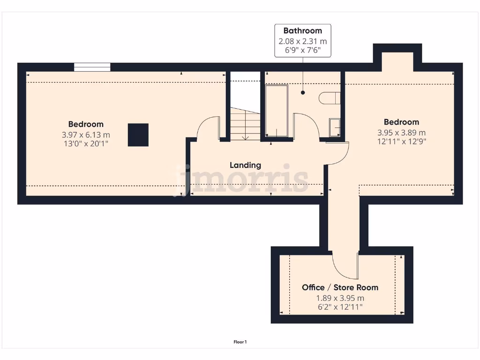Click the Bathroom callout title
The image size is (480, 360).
(302, 31)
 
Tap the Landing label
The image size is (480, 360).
(245, 165)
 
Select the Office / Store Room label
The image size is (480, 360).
(340, 287)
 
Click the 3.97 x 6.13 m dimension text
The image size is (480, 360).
(86, 135)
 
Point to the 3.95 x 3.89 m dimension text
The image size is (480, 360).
(402, 132)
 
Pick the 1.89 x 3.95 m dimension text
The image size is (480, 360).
(340, 298)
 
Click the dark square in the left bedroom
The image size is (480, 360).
(138, 135)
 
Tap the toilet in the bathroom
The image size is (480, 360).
(330, 98)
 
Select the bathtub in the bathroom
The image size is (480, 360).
(276, 111)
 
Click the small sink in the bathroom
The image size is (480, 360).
(335, 127)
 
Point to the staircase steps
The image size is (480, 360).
(245, 124)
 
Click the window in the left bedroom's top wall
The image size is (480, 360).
(92, 67)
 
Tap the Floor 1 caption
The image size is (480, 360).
(240, 342)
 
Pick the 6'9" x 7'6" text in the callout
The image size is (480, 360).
(302, 50)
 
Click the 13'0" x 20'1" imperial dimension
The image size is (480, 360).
(86, 144)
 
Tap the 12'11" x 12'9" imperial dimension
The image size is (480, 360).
(402, 141)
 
